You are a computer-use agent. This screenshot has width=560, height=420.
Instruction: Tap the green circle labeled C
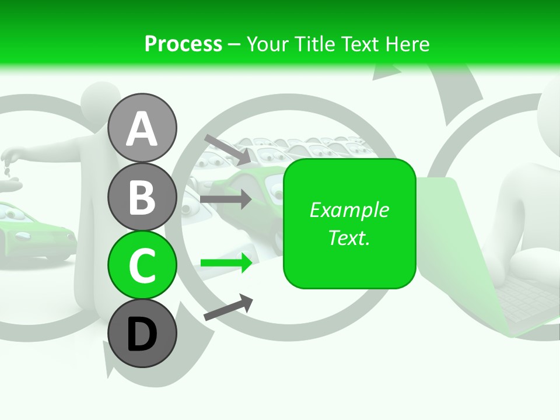pyautogui.click(x=142, y=265)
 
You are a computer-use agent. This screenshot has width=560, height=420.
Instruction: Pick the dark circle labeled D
pyautogui.click(x=142, y=334)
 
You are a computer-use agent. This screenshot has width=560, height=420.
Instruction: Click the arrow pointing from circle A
pyautogui.click(x=228, y=149)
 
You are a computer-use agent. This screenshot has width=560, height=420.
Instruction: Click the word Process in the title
pyautogui.click(x=183, y=44)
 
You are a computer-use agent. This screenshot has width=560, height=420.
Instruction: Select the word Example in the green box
pyautogui.click(x=349, y=210)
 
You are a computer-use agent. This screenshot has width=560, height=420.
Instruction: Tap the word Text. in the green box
pyautogui.click(x=349, y=237)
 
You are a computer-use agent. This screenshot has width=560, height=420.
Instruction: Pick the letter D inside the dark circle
pyautogui.click(x=142, y=335)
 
